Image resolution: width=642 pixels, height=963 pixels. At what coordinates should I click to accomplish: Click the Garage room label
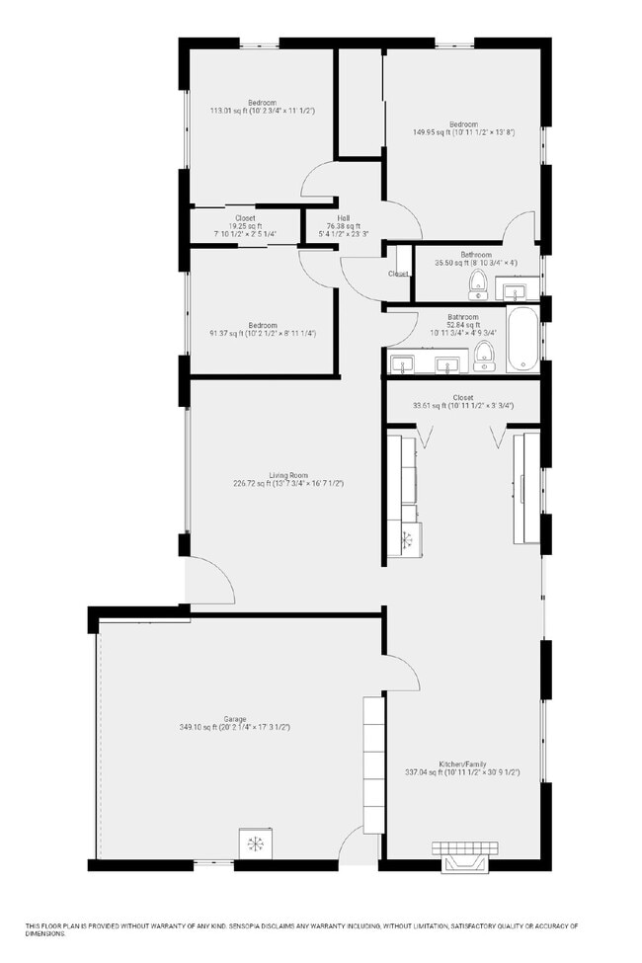click(235, 718)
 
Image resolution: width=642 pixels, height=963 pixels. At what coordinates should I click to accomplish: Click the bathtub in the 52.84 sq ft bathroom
click(522, 339)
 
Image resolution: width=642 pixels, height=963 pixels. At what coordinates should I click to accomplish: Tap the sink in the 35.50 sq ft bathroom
click(514, 290)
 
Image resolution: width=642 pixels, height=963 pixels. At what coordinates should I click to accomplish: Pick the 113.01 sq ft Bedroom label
click(262, 103)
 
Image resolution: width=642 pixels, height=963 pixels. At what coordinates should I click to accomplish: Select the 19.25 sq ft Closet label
click(245, 218)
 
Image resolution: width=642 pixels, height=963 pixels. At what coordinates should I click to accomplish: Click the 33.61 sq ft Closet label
click(463, 397)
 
